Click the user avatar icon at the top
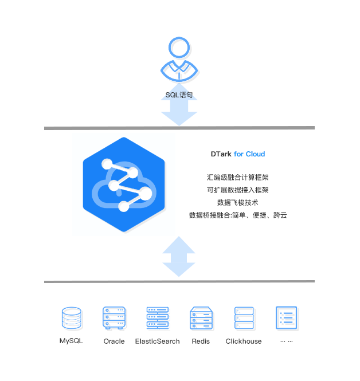point(179,60)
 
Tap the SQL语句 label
point(179,95)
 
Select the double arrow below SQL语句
point(179,112)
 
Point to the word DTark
point(221,154)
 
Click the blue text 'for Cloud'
point(249,154)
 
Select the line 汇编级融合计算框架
point(238,178)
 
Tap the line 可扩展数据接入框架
point(238,190)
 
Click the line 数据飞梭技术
point(238,203)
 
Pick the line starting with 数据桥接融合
point(238,215)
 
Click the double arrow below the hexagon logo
point(179,256)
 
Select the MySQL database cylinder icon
point(72,318)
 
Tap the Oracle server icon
point(114,318)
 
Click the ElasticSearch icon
point(158,318)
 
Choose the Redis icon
point(201,318)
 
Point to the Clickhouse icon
point(244,318)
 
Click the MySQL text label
point(72,341)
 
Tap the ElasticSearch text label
point(158,341)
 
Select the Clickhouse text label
point(244,341)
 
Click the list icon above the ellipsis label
point(286,318)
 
